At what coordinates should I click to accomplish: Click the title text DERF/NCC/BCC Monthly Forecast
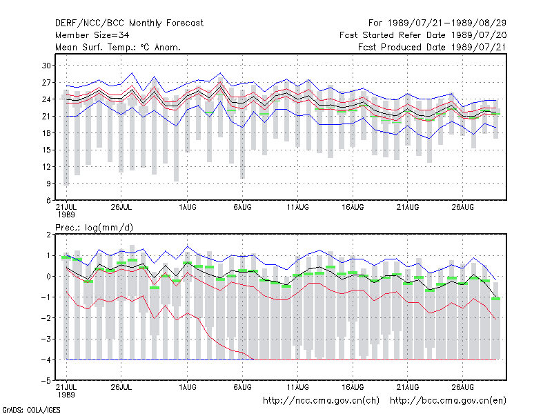[x=129, y=23]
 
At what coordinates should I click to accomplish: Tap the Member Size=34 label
[x=92, y=35]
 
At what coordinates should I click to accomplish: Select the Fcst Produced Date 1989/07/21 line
[x=432, y=47]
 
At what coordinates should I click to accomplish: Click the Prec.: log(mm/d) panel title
[x=94, y=228]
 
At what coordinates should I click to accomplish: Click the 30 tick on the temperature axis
[x=46, y=66]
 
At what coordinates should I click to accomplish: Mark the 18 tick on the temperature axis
[x=46, y=133]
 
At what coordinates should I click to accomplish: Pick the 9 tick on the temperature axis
[x=48, y=184]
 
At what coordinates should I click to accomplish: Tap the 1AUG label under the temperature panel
[x=187, y=207]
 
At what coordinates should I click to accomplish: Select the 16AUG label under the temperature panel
[x=353, y=207]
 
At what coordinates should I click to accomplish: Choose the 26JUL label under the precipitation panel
[x=121, y=387]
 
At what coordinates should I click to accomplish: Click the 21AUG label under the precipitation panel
[x=408, y=387]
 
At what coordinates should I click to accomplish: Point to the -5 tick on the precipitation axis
[x=46, y=381]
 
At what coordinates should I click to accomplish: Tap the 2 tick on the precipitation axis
[x=48, y=235]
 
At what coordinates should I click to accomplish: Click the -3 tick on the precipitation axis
[x=46, y=339]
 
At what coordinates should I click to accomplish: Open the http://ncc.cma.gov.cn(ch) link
[x=321, y=401]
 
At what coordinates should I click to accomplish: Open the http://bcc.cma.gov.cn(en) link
[x=448, y=401]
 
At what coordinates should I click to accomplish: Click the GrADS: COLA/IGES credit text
[x=31, y=410]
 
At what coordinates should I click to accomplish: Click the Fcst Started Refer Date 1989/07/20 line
[x=423, y=35]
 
